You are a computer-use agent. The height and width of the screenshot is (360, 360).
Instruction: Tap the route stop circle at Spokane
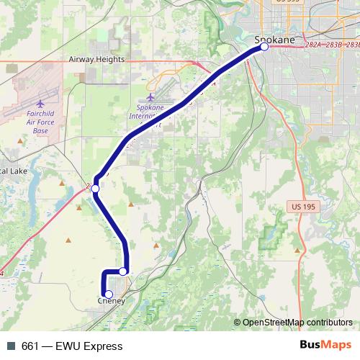tap(264, 47)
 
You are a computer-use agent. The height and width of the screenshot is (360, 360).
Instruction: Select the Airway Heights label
tap(96, 60)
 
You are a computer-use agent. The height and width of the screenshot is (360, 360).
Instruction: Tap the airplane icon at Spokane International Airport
tap(150, 96)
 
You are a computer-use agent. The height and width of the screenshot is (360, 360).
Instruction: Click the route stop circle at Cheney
tap(108, 294)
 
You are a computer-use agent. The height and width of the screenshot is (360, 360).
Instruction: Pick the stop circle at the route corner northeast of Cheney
tap(124, 271)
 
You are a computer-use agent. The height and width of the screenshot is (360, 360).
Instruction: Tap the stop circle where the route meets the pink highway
tap(95, 189)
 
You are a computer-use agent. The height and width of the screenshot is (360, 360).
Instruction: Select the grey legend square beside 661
tap(10, 346)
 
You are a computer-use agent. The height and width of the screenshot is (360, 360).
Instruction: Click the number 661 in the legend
tap(30, 346)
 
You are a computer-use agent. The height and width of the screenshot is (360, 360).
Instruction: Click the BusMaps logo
tap(325, 346)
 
